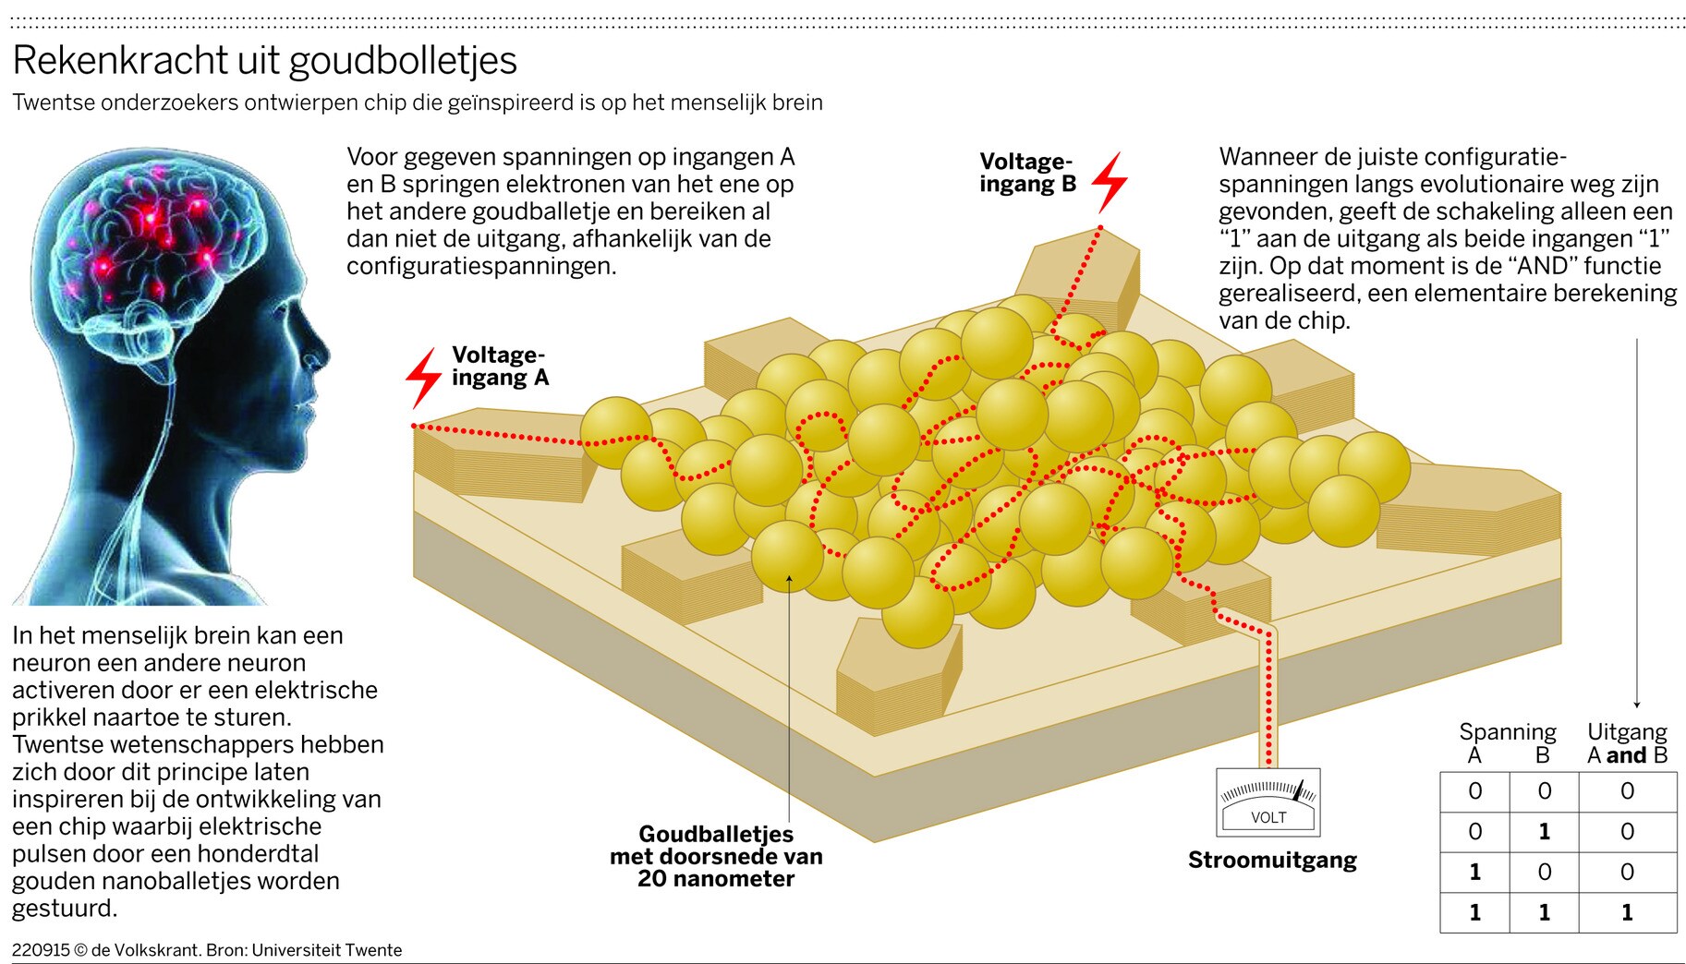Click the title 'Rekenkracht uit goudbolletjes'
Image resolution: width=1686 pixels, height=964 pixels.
(x=264, y=61)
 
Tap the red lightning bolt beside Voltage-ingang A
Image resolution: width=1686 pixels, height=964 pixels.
(x=424, y=378)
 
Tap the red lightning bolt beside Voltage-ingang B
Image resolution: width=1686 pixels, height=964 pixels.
(x=1110, y=182)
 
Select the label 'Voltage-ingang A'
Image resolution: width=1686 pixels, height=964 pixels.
(x=499, y=367)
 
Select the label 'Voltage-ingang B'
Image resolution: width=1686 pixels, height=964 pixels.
(x=1027, y=173)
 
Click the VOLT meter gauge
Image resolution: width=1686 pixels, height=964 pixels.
(x=1268, y=802)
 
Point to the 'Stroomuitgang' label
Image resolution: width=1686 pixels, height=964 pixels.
(x=1272, y=861)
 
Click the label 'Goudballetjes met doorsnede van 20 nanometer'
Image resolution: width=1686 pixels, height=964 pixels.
(x=716, y=856)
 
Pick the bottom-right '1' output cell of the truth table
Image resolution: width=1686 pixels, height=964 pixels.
(x=1627, y=912)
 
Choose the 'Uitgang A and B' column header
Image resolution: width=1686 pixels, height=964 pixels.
(x=1627, y=744)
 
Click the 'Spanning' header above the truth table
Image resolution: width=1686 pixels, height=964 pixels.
(x=1508, y=732)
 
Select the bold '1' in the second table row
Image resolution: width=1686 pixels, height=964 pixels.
(x=1544, y=832)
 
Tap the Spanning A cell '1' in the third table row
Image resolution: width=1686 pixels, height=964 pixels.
(x=1474, y=873)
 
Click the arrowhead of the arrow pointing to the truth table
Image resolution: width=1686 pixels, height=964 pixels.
(x=1637, y=705)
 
